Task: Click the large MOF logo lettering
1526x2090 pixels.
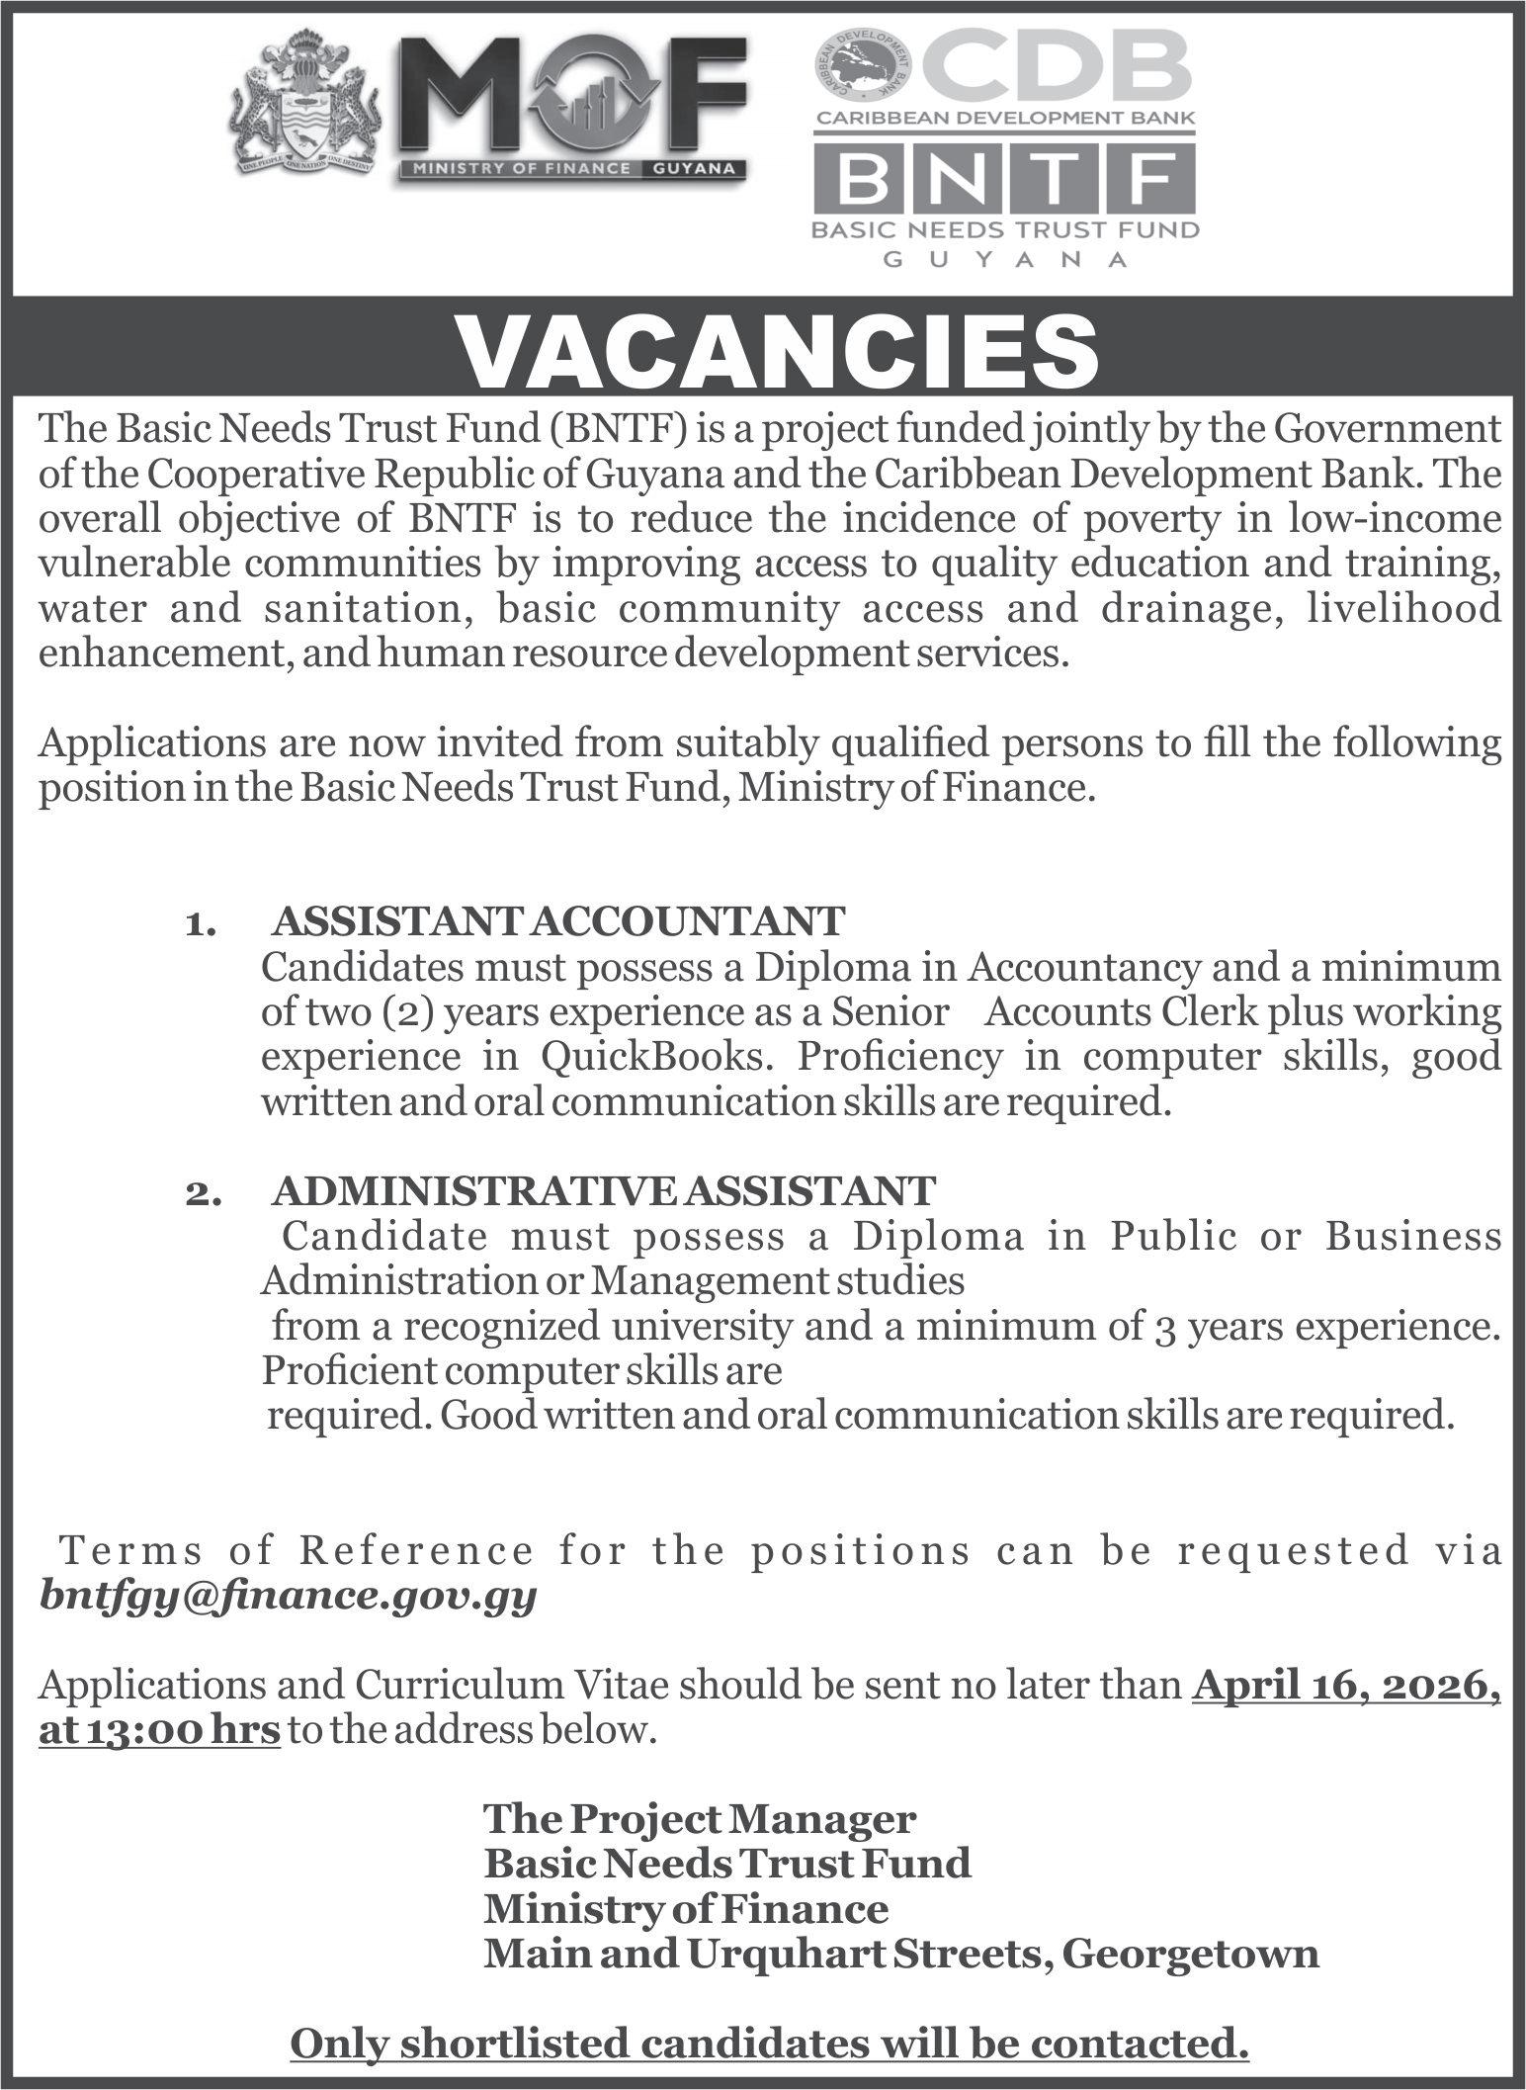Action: (573, 99)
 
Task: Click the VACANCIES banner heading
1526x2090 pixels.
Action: (781, 352)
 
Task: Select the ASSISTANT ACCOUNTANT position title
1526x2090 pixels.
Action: (558, 921)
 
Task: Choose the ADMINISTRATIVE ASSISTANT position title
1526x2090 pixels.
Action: (603, 1191)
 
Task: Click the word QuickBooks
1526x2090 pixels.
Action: (652, 1057)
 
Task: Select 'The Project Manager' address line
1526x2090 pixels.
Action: (700, 1818)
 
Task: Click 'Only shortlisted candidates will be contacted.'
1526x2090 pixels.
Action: (769, 2044)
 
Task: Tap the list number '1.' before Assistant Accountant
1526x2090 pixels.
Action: (199, 924)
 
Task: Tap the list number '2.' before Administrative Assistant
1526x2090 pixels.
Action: (199, 1194)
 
